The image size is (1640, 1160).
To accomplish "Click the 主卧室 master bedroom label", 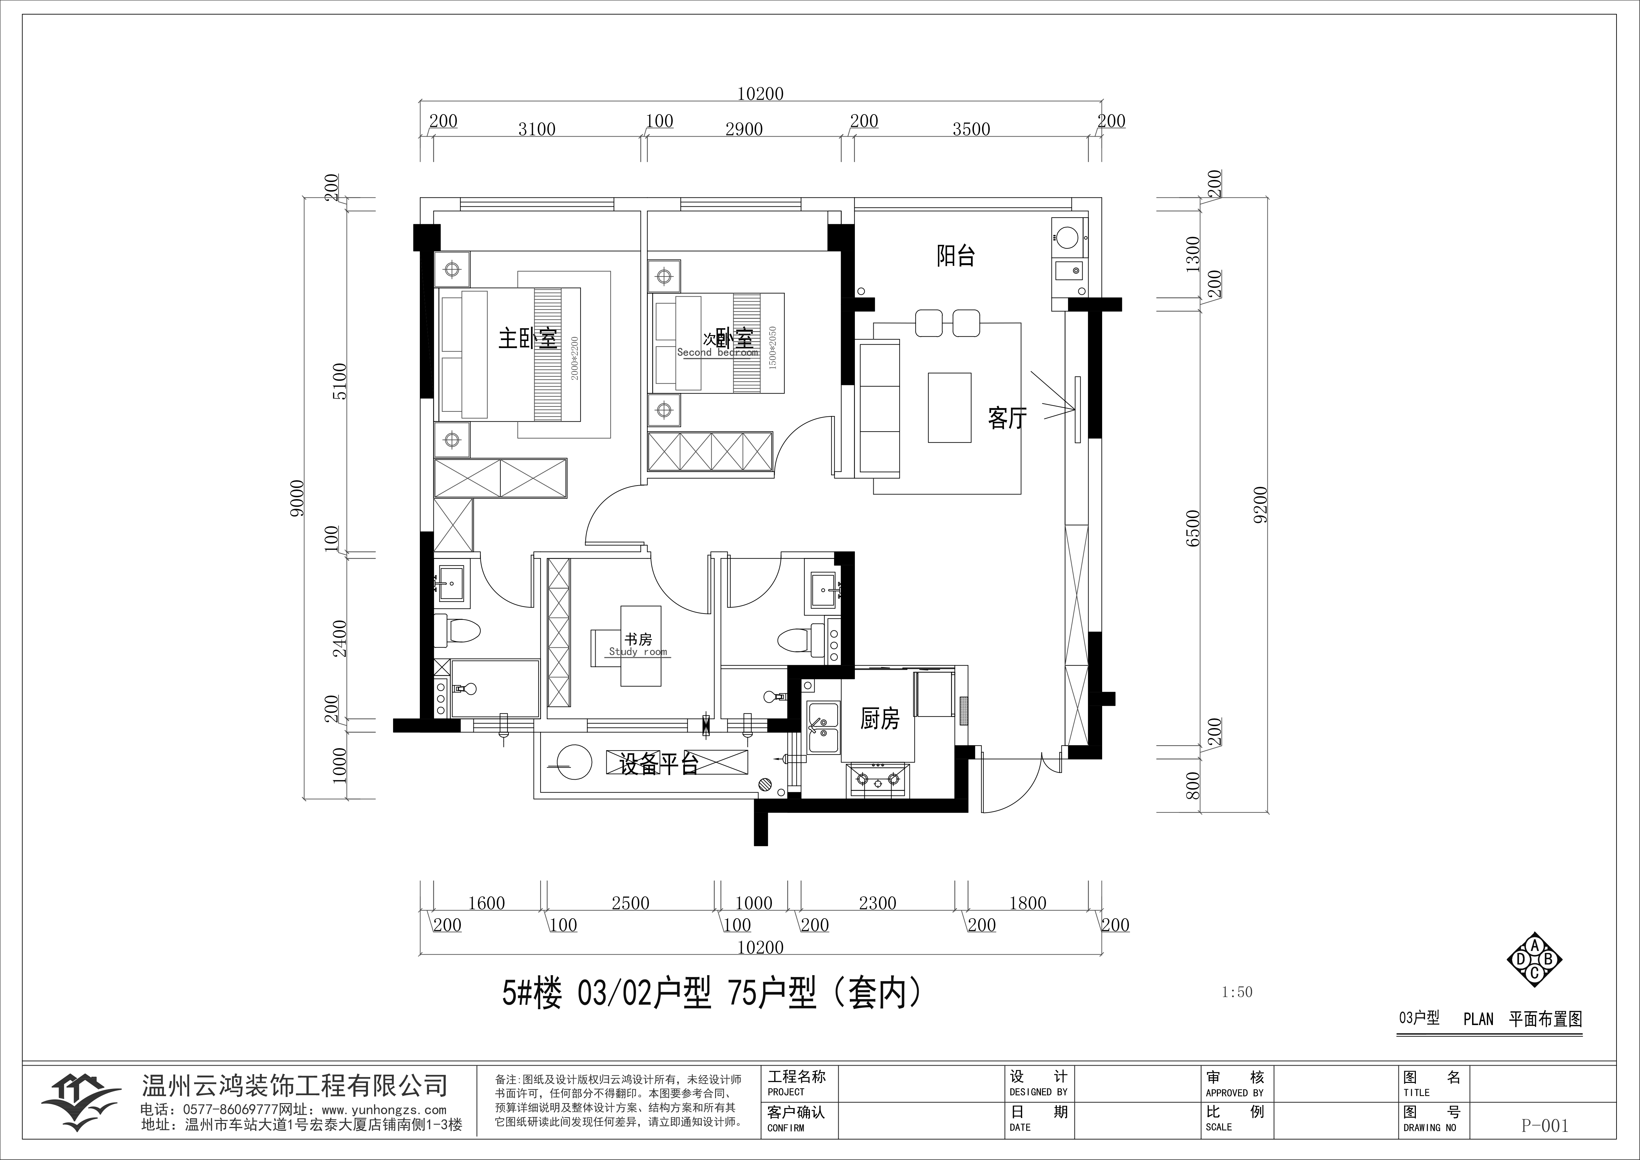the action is (528, 339).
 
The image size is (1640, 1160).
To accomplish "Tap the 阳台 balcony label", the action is (956, 256).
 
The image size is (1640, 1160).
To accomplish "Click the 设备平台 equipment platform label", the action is (659, 764).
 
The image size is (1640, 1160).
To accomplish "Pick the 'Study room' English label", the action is (638, 652).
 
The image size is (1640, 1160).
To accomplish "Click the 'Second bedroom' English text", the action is (717, 352).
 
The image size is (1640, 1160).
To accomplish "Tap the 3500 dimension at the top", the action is (972, 129).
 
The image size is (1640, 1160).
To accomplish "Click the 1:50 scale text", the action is (1237, 992).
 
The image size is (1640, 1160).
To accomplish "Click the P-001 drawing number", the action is (1545, 1126).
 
